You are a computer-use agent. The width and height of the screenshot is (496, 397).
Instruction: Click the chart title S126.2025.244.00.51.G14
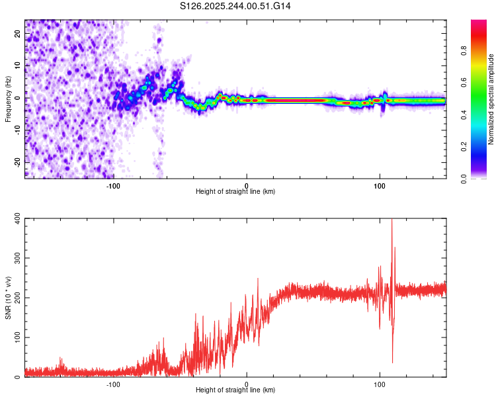(x=236, y=6)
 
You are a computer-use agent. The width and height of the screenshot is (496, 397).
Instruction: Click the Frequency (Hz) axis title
(x=8, y=98)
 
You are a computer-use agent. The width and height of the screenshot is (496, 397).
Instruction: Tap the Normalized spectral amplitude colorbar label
(x=491, y=99)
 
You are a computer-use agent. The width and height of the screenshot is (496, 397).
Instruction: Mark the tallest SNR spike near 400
(x=392, y=221)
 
